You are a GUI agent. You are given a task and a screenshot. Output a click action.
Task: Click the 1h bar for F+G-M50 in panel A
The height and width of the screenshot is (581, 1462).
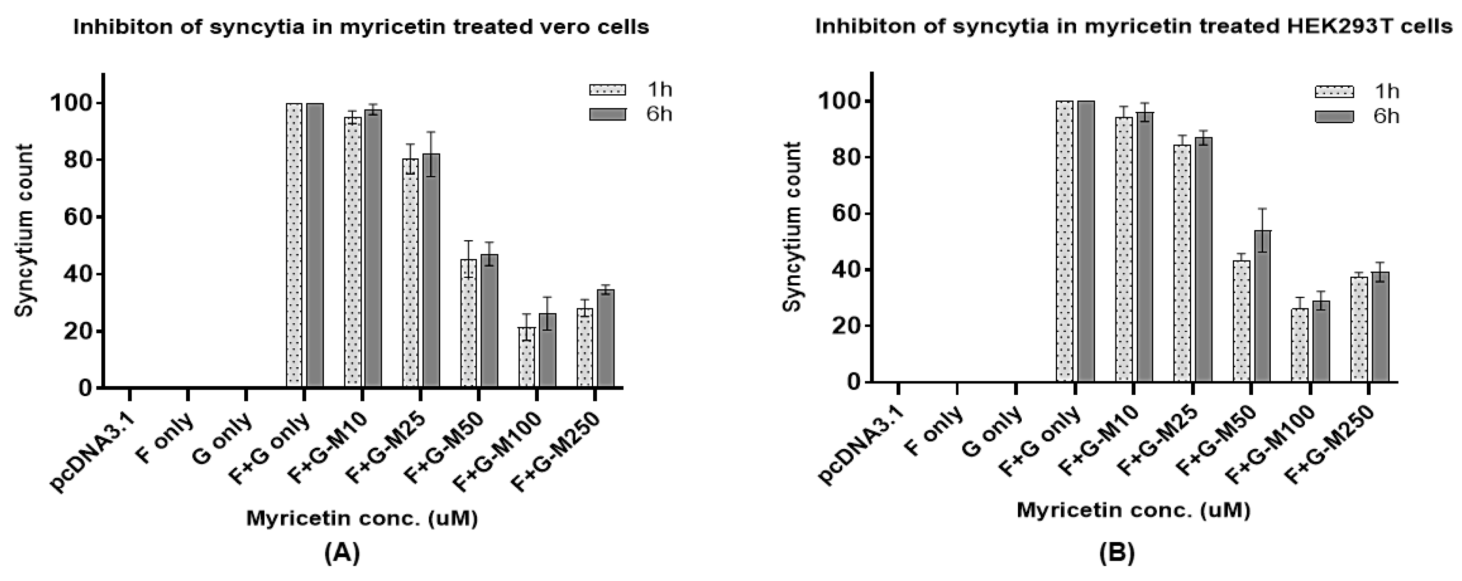coord(468,324)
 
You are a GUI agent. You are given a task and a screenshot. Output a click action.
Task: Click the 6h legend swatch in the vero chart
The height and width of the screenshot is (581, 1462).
coord(607,114)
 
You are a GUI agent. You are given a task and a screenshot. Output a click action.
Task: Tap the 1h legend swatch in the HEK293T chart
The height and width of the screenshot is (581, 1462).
coord(1334,91)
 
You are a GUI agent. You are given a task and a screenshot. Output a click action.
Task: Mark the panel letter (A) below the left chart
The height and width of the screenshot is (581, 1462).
coord(342,552)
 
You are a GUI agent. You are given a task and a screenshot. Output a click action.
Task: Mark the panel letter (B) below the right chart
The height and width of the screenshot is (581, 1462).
coord(1116,552)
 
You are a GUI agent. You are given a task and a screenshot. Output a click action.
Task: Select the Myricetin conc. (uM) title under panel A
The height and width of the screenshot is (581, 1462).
coord(362,518)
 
